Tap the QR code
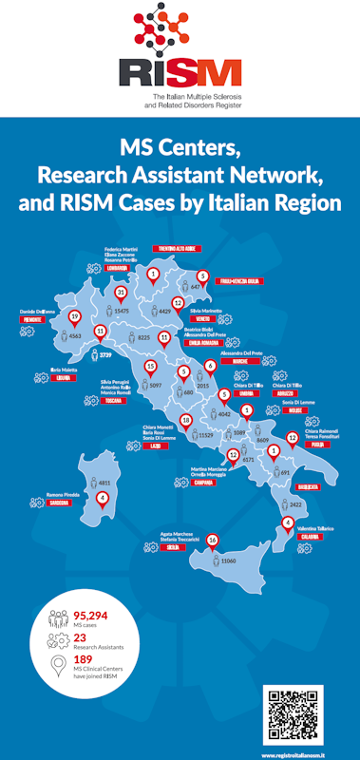pyautogui.click(x=293, y=716)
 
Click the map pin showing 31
pyautogui.click(x=121, y=294)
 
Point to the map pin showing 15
pyautogui.click(x=150, y=367)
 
